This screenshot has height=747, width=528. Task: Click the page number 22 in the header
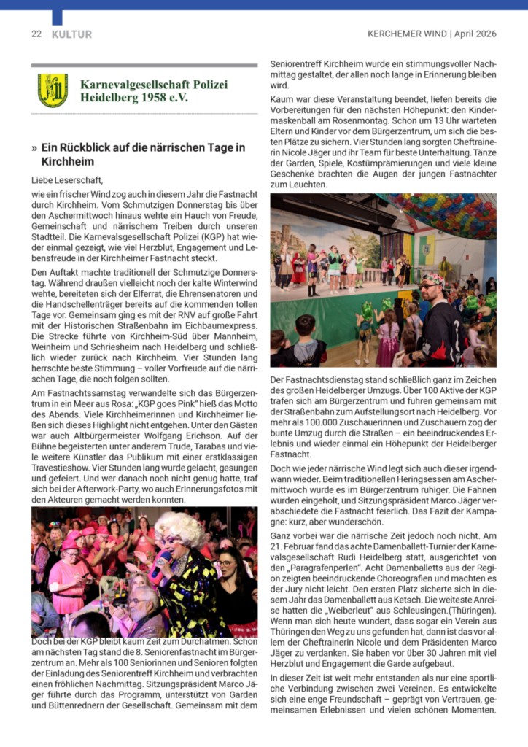36,34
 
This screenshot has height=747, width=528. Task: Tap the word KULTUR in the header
71,34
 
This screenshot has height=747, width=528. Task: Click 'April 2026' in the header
476,34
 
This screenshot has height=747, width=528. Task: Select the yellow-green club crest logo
53,90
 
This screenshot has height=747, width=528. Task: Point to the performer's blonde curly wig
179,529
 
